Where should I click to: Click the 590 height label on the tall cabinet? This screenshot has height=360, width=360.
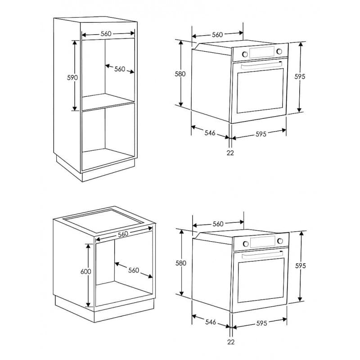pyautogui.click(x=72, y=77)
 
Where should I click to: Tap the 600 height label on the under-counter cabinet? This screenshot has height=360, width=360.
pyautogui.click(x=85, y=272)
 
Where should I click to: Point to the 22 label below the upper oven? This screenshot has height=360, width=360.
pyautogui.click(x=230, y=153)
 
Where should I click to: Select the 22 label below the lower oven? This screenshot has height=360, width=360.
pyautogui.click(x=231, y=342)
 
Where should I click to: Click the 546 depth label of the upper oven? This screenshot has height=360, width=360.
pyautogui.click(x=210, y=133)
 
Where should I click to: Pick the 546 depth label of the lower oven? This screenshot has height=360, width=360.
pyautogui.click(x=211, y=322)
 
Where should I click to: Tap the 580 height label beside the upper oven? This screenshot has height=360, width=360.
pyautogui.click(x=180, y=74)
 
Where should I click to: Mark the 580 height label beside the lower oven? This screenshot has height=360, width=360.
pyautogui.click(x=181, y=263)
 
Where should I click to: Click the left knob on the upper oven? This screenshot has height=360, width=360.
pyautogui.click(x=245, y=54)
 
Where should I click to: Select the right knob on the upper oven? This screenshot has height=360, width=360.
pyautogui.click(x=279, y=51)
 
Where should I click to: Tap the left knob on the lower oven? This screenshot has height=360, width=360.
pyautogui.click(x=246, y=243)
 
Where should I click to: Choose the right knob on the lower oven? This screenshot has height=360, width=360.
pyautogui.click(x=280, y=241)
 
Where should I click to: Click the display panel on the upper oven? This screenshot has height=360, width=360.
pyautogui.click(x=262, y=52)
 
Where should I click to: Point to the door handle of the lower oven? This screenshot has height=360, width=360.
pyautogui.click(x=262, y=255)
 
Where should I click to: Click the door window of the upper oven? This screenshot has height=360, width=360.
pyautogui.click(x=261, y=91)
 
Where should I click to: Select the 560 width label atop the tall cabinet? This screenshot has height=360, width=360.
pyautogui.click(x=106, y=34)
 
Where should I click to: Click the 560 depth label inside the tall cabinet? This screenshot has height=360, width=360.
pyautogui.click(x=120, y=69)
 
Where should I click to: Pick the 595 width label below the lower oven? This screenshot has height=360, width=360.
pyautogui.click(x=261, y=323)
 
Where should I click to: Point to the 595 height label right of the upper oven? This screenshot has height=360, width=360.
pyautogui.click(x=300, y=76)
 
